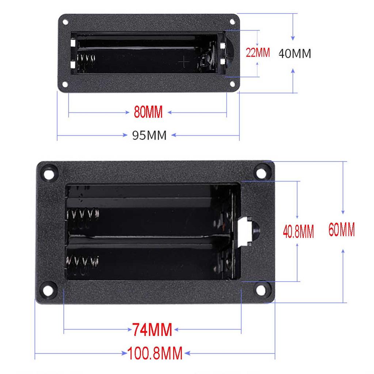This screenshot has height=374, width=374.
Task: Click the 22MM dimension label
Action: [257, 53]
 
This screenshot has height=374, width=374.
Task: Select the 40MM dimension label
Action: [294, 54]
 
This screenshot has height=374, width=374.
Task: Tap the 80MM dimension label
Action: [148, 112]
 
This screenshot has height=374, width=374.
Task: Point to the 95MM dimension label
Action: [149, 136]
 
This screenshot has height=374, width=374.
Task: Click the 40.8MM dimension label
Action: [298, 232]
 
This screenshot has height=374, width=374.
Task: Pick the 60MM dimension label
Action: [341, 230]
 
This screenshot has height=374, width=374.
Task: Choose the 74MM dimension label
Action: [152, 330]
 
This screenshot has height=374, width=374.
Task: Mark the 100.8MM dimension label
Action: [155, 354]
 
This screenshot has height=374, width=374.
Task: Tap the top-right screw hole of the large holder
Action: [261, 172]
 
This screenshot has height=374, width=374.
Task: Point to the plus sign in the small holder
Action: [184, 62]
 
